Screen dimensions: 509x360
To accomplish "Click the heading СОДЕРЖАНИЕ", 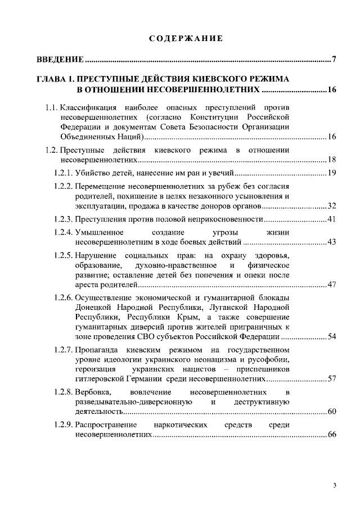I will click(186, 38).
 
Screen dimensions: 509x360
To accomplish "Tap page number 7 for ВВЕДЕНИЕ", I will click(334, 60).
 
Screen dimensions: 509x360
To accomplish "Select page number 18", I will click(331, 160).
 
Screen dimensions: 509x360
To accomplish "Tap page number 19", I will click(331, 172).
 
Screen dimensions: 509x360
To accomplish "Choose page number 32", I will click(331, 205).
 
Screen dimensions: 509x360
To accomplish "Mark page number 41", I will click(331, 218).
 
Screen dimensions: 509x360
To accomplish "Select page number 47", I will click(331, 285).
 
